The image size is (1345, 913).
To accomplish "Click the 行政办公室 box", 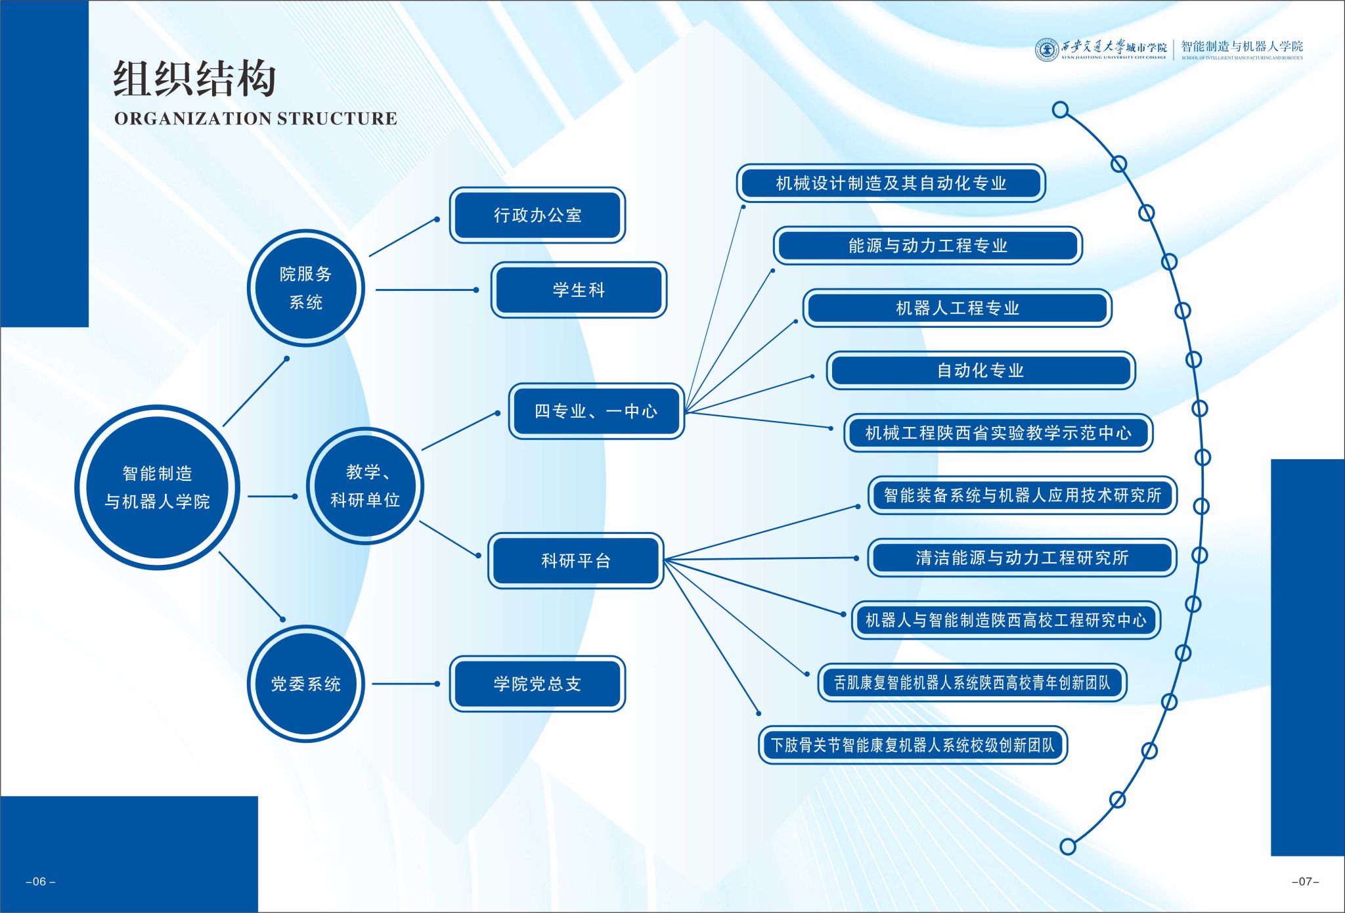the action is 537,215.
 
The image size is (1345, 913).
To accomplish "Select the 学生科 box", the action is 579,290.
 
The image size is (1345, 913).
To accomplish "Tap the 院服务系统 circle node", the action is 305,288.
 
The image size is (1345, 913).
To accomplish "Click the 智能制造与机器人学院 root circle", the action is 157,487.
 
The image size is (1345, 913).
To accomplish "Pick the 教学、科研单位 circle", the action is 364,485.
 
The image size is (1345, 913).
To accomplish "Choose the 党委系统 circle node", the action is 305,684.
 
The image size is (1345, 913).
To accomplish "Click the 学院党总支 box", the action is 537,684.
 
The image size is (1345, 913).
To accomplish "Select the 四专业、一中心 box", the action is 596,411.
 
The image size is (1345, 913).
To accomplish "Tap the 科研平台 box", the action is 576,560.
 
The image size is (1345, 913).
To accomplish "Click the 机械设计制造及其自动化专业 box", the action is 891,183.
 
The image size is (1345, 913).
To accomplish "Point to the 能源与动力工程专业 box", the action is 928,245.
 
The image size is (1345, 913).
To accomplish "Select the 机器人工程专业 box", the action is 958,307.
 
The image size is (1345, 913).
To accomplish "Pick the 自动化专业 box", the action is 981,370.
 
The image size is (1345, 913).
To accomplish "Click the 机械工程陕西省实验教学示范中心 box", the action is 998,433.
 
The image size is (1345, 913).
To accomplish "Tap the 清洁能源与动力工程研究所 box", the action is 1022,558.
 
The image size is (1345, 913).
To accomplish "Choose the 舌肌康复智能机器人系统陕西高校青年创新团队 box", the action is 972,682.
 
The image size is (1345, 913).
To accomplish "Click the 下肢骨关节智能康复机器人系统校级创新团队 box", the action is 913,745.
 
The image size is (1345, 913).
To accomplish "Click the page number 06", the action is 40,881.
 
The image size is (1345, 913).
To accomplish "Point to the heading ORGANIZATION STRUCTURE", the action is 255,118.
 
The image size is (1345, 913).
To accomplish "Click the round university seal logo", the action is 1046,49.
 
